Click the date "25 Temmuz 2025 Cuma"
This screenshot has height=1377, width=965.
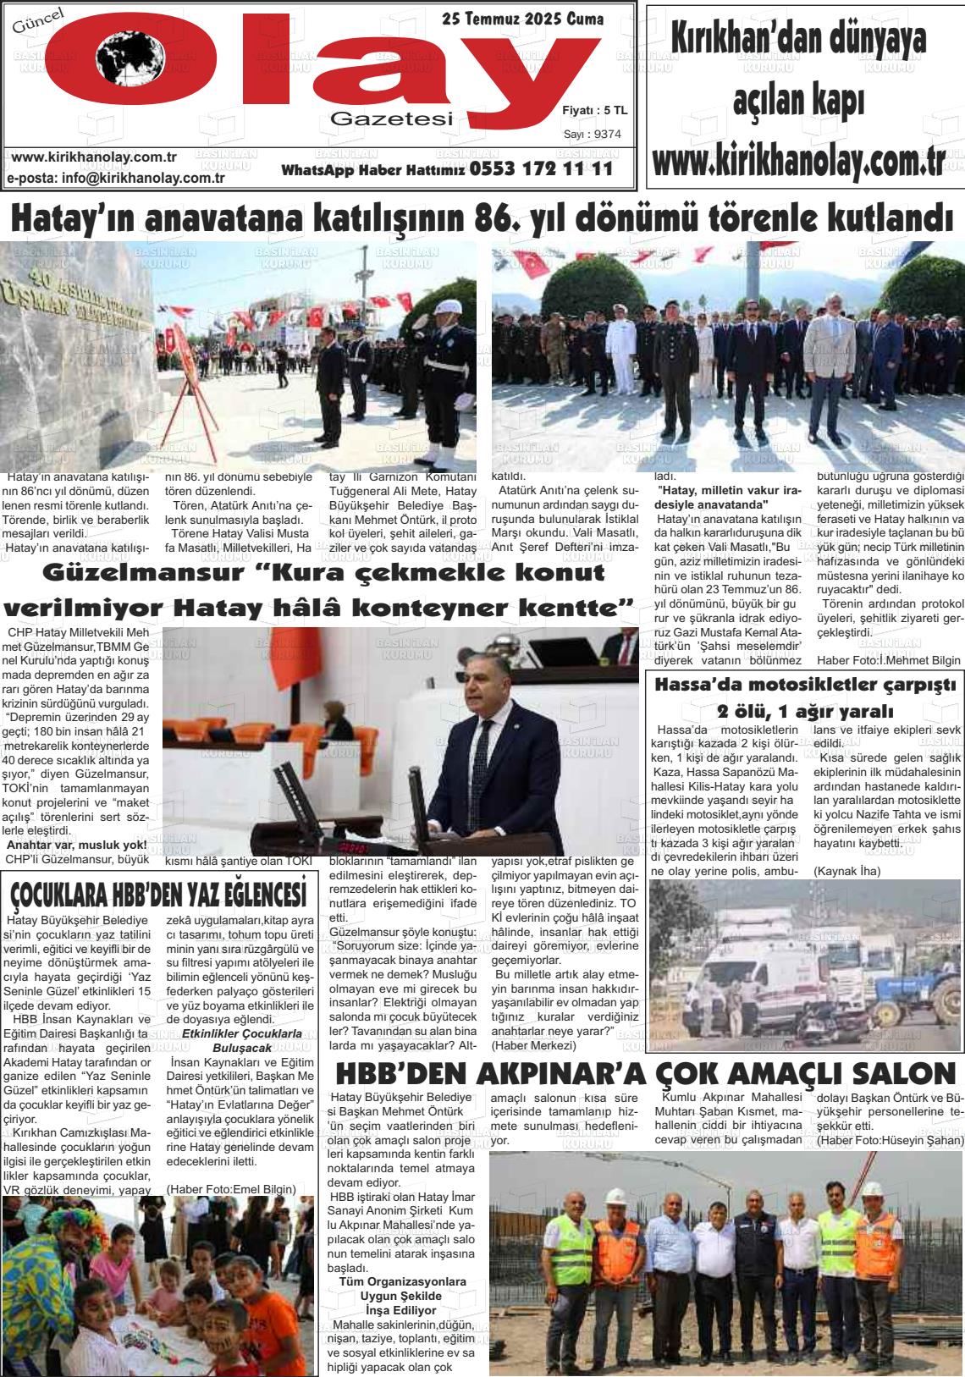(x=522, y=19)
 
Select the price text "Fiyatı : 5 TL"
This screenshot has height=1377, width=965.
(x=594, y=110)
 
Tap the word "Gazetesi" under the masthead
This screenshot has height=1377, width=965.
(x=392, y=119)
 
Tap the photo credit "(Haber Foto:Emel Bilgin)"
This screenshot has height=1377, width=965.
(x=231, y=1188)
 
